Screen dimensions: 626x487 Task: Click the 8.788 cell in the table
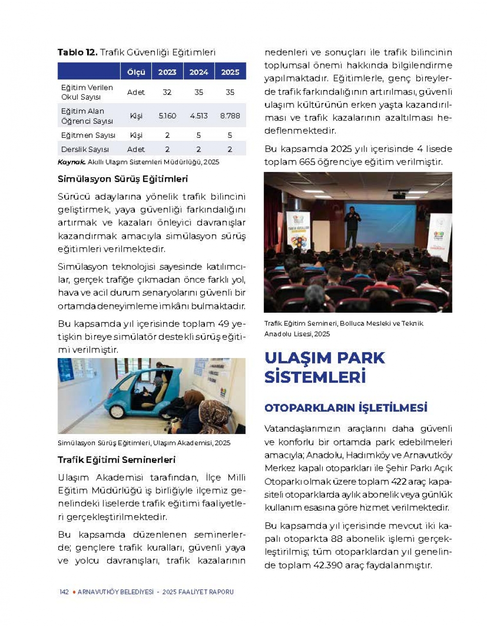[x=230, y=116]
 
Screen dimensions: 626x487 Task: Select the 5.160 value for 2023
[x=167, y=116]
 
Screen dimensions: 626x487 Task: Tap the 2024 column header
[x=199, y=72]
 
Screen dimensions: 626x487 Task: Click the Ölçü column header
[x=136, y=72]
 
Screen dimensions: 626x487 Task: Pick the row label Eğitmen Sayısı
[x=88, y=135]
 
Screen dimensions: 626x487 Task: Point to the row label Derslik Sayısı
[x=85, y=150]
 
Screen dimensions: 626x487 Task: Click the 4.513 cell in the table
[x=199, y=116]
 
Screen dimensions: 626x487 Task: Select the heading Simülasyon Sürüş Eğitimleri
[x=123, y=179]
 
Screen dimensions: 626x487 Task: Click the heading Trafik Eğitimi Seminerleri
[x=116, y=460]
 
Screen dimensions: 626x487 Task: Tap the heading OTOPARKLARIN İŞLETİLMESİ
[x=346, y=408]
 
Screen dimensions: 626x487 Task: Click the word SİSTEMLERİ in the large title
[x=315, y=377]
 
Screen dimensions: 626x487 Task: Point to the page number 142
[x=64, y=592]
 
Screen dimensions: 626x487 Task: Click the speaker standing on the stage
[x=352, y=227]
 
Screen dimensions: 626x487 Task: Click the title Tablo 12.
[x=77, y=53]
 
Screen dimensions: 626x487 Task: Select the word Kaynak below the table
[x=71, y=162]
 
